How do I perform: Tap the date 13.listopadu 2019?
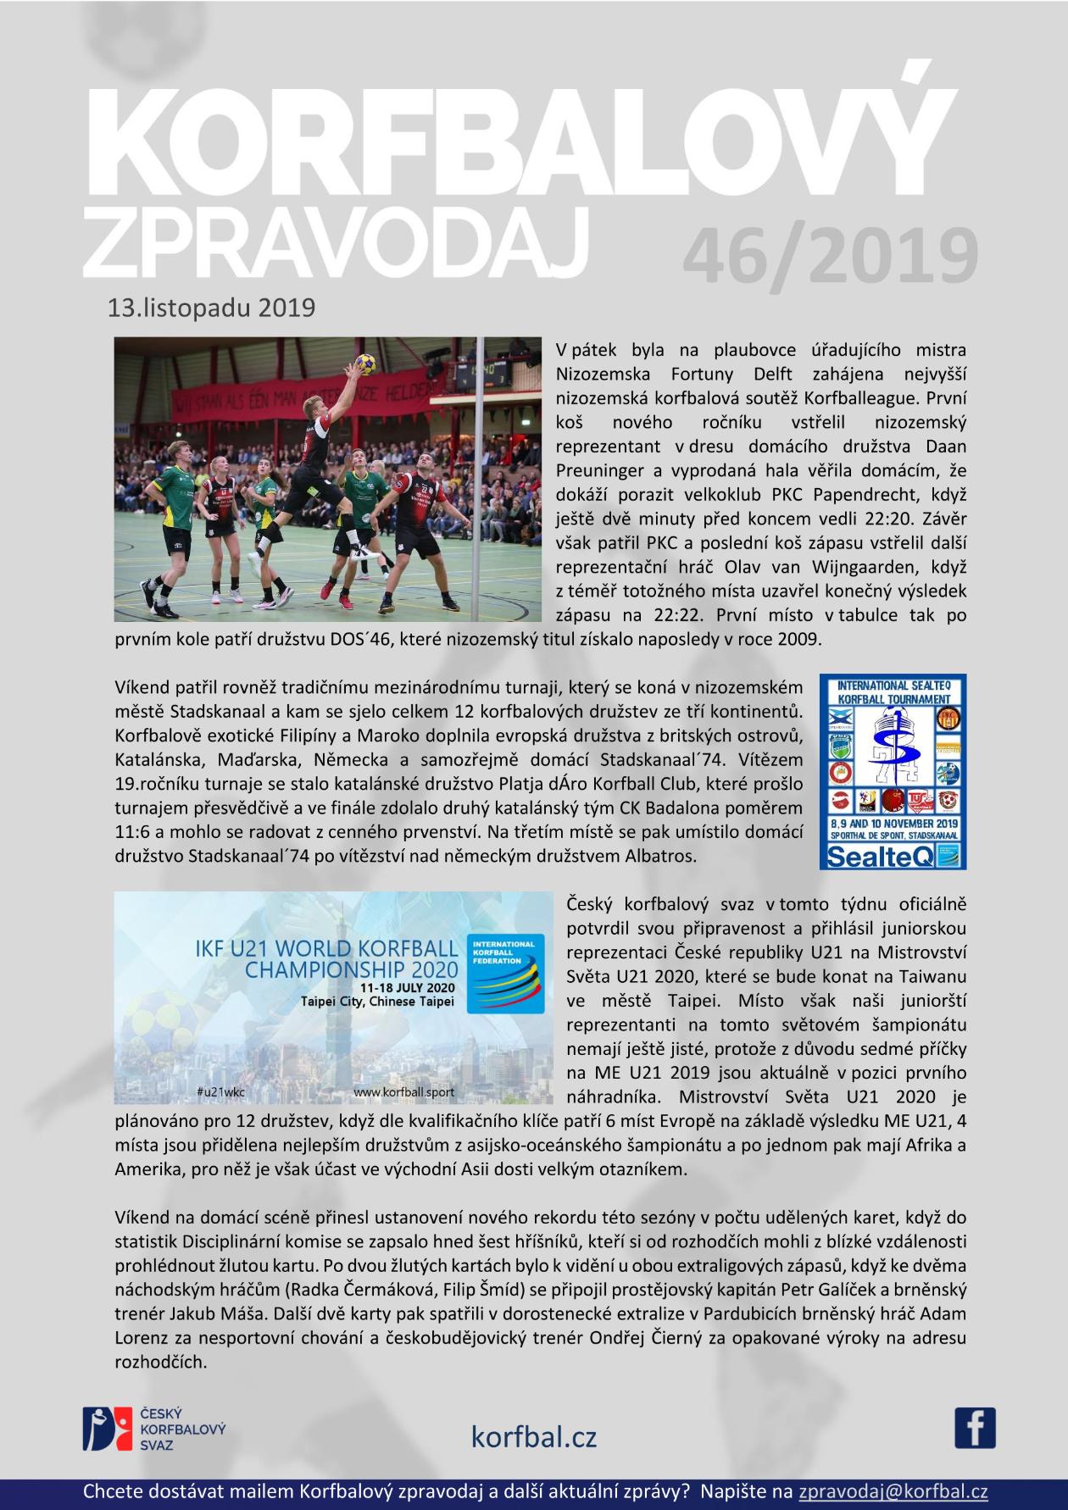click(x=211, y=308)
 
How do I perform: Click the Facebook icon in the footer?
click(x=975, y=1427)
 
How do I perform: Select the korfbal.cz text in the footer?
click(x=534, y=1436)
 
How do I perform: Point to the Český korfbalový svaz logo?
click(x=153, y=1429)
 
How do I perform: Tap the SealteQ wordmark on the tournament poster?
click(x=893, y=857)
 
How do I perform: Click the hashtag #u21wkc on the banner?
click(x=220, y=1092)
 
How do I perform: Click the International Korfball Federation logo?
click(x=507, y=975)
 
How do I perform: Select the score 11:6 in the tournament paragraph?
click(x=133, y=831)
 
